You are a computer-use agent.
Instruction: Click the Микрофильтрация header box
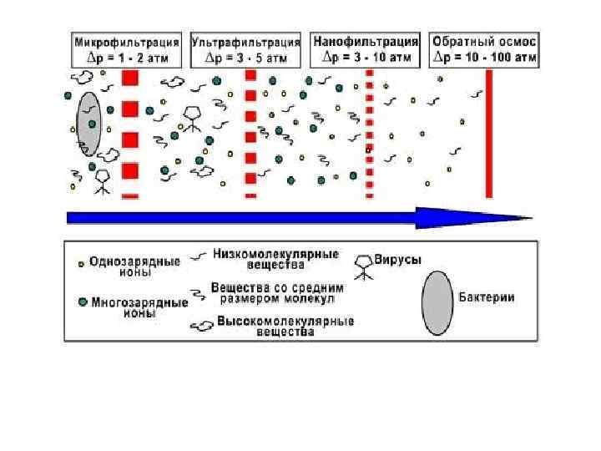pos(128,49)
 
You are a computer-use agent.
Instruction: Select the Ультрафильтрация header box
pos(246,49)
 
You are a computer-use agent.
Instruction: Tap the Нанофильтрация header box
pos(366,49)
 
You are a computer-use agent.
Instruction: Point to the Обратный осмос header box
pos(485,49)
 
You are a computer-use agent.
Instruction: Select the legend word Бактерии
pos(487,298)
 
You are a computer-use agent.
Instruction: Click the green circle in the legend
pos(82,302)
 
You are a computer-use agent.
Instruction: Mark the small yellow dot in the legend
pos(81,263)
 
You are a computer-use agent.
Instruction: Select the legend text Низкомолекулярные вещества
pos(275,259)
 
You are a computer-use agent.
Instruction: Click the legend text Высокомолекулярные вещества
pos(285,326)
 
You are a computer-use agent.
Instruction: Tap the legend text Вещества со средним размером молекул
pos(277,292)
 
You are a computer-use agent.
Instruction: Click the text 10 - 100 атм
pos(497,58)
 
